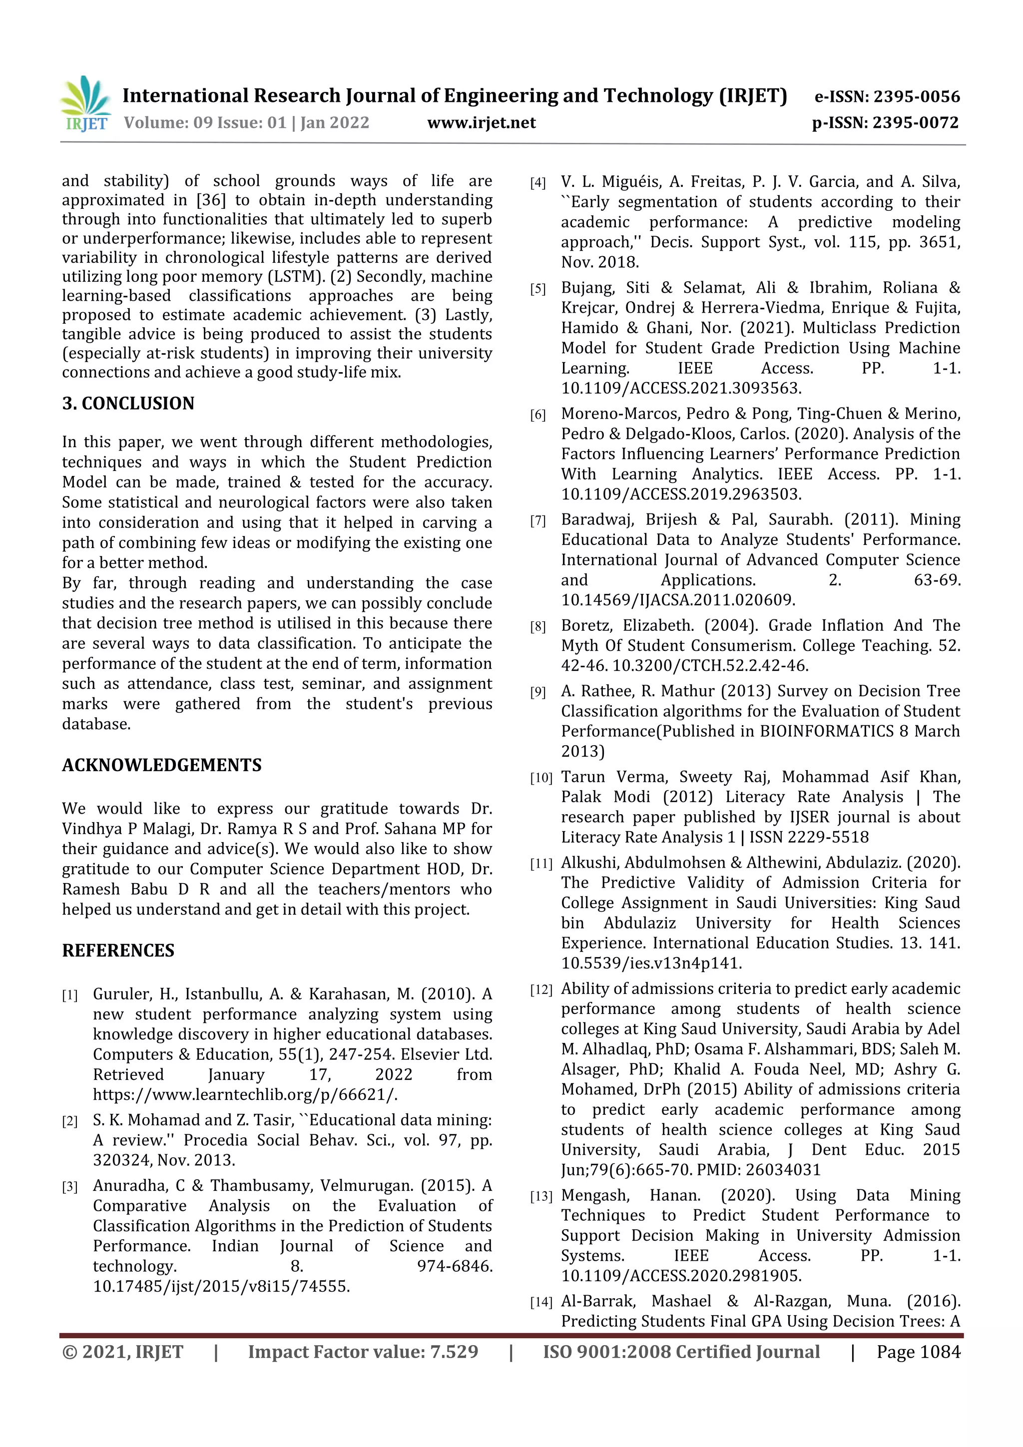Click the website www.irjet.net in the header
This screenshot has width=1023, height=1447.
[x=481, y=123]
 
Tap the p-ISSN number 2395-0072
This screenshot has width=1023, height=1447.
[x=915, y=123]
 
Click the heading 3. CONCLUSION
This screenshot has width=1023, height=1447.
[x=128, y=404]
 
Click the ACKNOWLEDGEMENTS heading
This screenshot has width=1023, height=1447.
[x=161, y=765]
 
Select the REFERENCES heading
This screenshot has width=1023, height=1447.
[x=118, y=951]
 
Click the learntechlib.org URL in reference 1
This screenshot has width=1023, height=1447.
[x=245, y=1095]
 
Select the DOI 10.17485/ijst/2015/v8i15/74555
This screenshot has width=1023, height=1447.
[x=221, y=1286]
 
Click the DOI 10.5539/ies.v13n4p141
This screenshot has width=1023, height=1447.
[x=651, y=964]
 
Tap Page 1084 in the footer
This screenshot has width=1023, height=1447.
[x=918, y=1352]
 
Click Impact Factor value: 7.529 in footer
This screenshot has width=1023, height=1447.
[x=363, y=1352]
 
